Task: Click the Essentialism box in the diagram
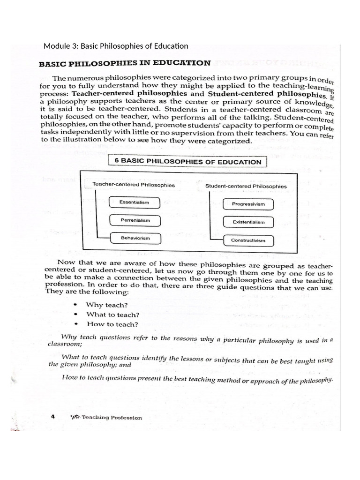[134, 202]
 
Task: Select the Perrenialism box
[134, 220]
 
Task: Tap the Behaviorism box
[134, 239]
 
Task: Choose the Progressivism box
[248, 204]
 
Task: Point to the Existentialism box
[248, 222]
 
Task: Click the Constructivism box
[248, 240]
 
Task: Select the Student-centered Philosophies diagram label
[246, 187]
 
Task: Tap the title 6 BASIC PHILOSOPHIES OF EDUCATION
[187, 162]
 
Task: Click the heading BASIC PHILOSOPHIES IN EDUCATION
[124, 62]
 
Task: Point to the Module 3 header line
[115, 46]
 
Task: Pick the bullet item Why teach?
[100, 305]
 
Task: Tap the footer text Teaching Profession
[112, 418]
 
